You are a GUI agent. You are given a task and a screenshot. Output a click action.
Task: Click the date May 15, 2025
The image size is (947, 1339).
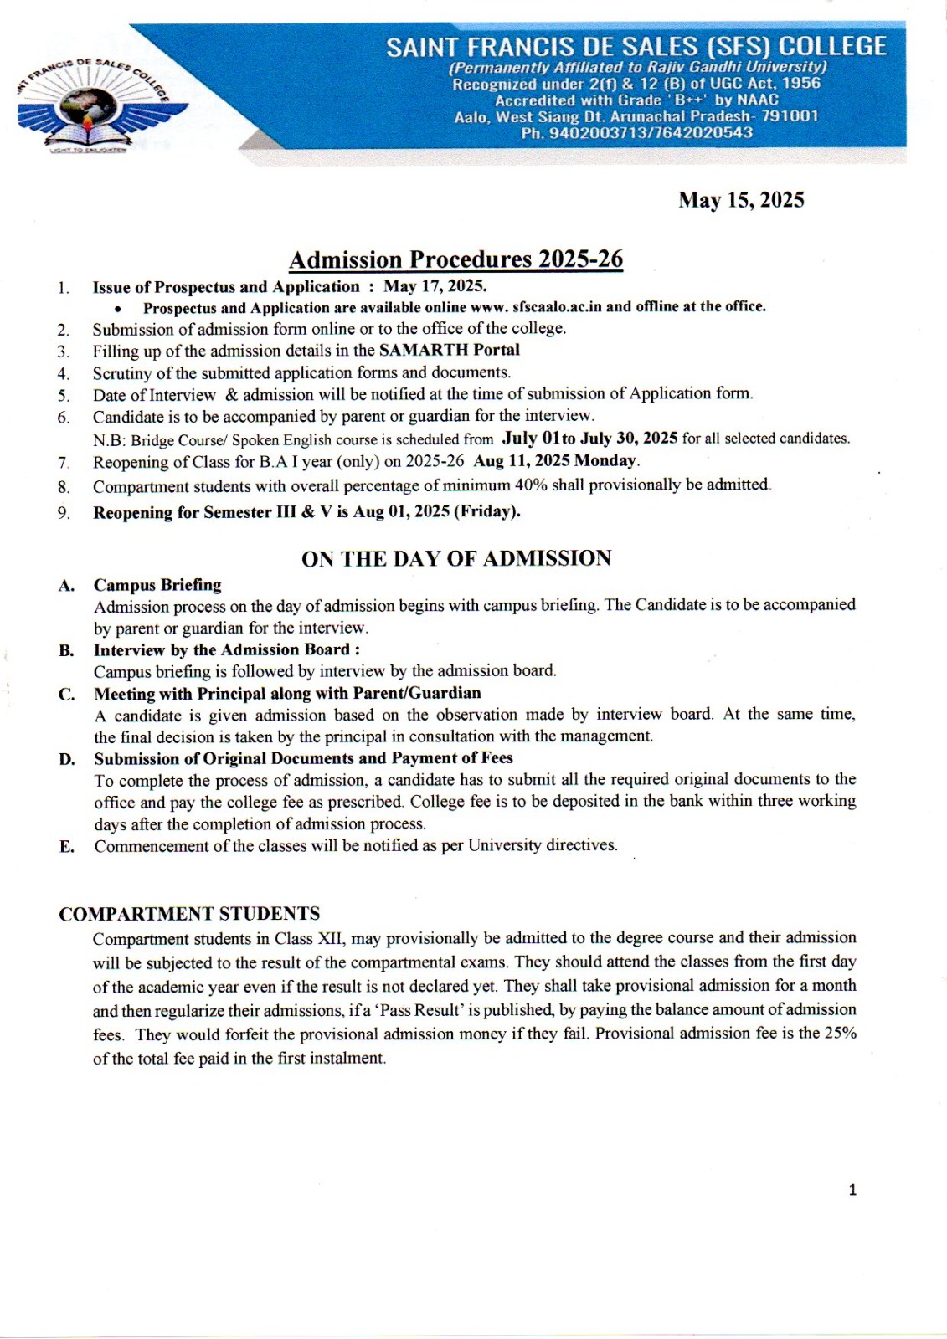(x=741, y=200)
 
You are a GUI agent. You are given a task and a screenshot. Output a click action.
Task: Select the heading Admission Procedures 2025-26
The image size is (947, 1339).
(x=455, y=259)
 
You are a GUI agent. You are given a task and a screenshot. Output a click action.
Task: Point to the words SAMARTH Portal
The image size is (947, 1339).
(x=449, y=350)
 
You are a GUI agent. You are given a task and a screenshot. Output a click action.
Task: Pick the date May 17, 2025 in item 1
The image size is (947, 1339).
(x=435, y=286)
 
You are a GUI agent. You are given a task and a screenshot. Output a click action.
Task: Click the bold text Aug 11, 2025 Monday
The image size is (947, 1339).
(x=555, y=461)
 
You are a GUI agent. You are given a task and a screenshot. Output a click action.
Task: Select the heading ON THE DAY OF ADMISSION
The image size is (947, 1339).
(x=456, y=558)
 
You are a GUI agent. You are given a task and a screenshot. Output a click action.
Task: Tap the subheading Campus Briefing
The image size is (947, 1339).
(x=157, y=585)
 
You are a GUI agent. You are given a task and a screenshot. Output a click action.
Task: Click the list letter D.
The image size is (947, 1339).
(x=67, y=759)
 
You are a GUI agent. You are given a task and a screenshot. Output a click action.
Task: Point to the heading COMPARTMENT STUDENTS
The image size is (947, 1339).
(x=189, y=914)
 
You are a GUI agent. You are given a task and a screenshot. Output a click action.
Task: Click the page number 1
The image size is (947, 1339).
(x=852, y=1190)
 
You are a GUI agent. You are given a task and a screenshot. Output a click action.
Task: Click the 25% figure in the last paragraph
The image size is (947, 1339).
(x=840, y=1033)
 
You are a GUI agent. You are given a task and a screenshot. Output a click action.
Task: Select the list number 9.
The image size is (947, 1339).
(x=64, y=513)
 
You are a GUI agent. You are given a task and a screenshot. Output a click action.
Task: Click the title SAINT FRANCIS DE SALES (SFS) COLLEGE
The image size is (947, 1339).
(x=636, y=46)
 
